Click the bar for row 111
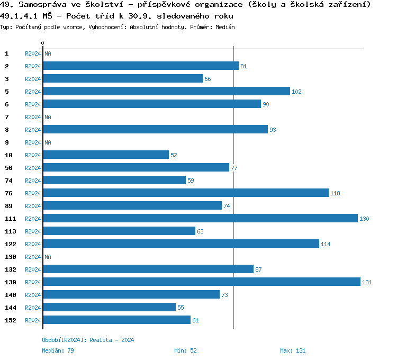pyautogui.click(x=200, y=219)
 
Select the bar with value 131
pyautogui.click(x=201, y=282)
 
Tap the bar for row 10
pyautogui.click(x=106, y=155)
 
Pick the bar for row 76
pyautogui.click(x=185, y=193)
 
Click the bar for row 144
pyautogui.click(x=109, y=308)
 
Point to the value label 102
pyautogui.click(x=296, y=92)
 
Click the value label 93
pyautogui.click(x=273, y=130)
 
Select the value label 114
pyautogui.click(x=326, y=244)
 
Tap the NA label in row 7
pyautogui.click(x=48, y=117)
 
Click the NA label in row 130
pyautogui.click(x=48, y=257)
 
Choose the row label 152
pyautogui.click(x=11, y=320)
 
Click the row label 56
pyautogui.click(x=8, y=168)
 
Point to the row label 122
pyautogui.click(x=11, y=244)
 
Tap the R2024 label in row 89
pyautogui.click(x=33, y=206)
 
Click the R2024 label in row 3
pyautogui.click(x=33, y=79)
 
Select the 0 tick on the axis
pyautogui.click(x=43, y=43)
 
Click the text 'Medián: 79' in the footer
pyautogui.click(x=58, y=350)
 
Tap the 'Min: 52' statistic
pyautogui.click(x=185, y=350)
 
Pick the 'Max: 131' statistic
pyautogui.click(x=293, y=350)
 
